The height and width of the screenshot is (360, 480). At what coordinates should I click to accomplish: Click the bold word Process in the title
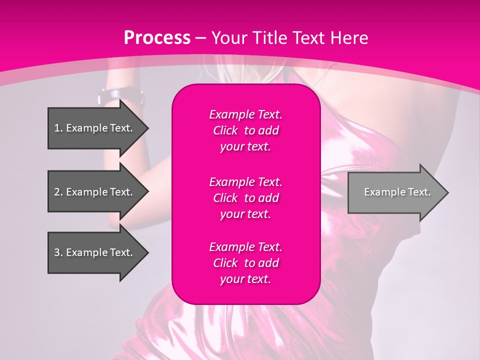pyautogui.click(x=157, y=38)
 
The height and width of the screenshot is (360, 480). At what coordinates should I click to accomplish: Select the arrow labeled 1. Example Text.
pyautogui.click(x=95, y=128)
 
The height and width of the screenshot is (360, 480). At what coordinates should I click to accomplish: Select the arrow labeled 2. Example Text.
pyautogui.click(x=95, y=192)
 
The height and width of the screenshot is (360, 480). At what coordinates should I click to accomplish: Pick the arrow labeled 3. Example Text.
pyautogui.click(x=95, y=252)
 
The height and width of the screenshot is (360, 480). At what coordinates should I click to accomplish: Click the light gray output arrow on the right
pyautogui.click(x=395, y=192)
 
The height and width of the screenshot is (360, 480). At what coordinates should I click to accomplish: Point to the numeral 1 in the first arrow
pyautogui.click(x=57, y=128)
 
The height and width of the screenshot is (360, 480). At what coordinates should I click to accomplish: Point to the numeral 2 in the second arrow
pyautogui.click(x=57, y=192)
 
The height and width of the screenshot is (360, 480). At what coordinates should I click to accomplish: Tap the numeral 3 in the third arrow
pyautogui.click(x=57, y=252)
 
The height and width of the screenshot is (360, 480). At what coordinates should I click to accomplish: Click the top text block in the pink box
pyautogui.click(x=245, y=130)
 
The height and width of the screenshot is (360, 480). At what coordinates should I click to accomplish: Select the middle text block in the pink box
pyautogui.click(x=245, y=197)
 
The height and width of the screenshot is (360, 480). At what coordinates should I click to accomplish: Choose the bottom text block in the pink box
pyautogui.click(x=245, y=263)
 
